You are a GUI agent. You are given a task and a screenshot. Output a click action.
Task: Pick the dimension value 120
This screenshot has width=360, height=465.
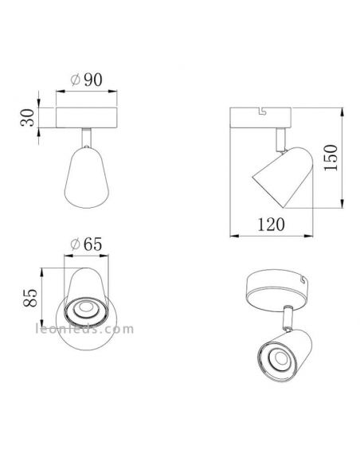click(272, 225)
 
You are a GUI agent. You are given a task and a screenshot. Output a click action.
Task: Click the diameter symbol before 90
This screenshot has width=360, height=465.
click(74, 80)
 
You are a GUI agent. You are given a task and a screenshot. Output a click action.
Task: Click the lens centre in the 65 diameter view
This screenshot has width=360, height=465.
click(83, 311)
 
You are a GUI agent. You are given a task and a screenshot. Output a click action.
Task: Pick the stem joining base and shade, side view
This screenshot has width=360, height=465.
click(280, 139)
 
